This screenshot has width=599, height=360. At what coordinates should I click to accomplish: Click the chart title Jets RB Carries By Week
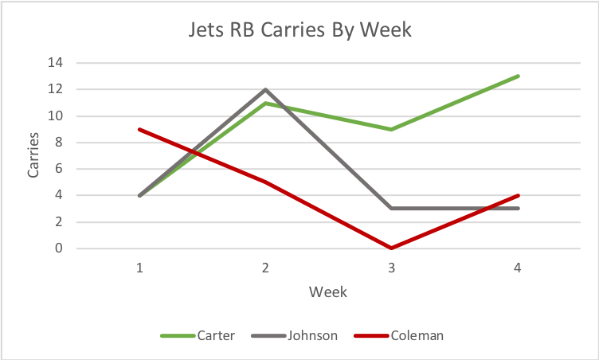coord(299,31)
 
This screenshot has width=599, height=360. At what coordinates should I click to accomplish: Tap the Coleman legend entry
coord(417,335)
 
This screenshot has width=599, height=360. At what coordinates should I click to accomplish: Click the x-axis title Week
coord(328,292)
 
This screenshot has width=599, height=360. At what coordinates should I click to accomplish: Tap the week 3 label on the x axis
coord(391,268)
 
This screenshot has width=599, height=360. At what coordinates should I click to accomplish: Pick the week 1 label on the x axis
coord(139,268)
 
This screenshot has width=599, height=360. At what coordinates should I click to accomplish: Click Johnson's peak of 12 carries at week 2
coord(265,89)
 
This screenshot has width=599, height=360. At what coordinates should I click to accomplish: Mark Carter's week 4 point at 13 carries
coord(517,76)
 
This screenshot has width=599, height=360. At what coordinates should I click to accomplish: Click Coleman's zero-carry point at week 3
coord(391,248)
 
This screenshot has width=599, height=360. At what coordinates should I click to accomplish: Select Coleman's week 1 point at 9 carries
coord(139,129)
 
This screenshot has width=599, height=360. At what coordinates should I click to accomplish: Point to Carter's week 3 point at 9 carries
coord(391,129)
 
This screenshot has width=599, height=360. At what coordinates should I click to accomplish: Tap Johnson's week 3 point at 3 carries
coord(391,209)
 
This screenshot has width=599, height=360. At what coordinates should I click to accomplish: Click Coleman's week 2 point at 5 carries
coord(265,182)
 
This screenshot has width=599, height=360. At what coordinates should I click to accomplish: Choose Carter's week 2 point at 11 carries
coord(265,103)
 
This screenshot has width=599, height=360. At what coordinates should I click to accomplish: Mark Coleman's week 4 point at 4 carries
coord(517,195)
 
